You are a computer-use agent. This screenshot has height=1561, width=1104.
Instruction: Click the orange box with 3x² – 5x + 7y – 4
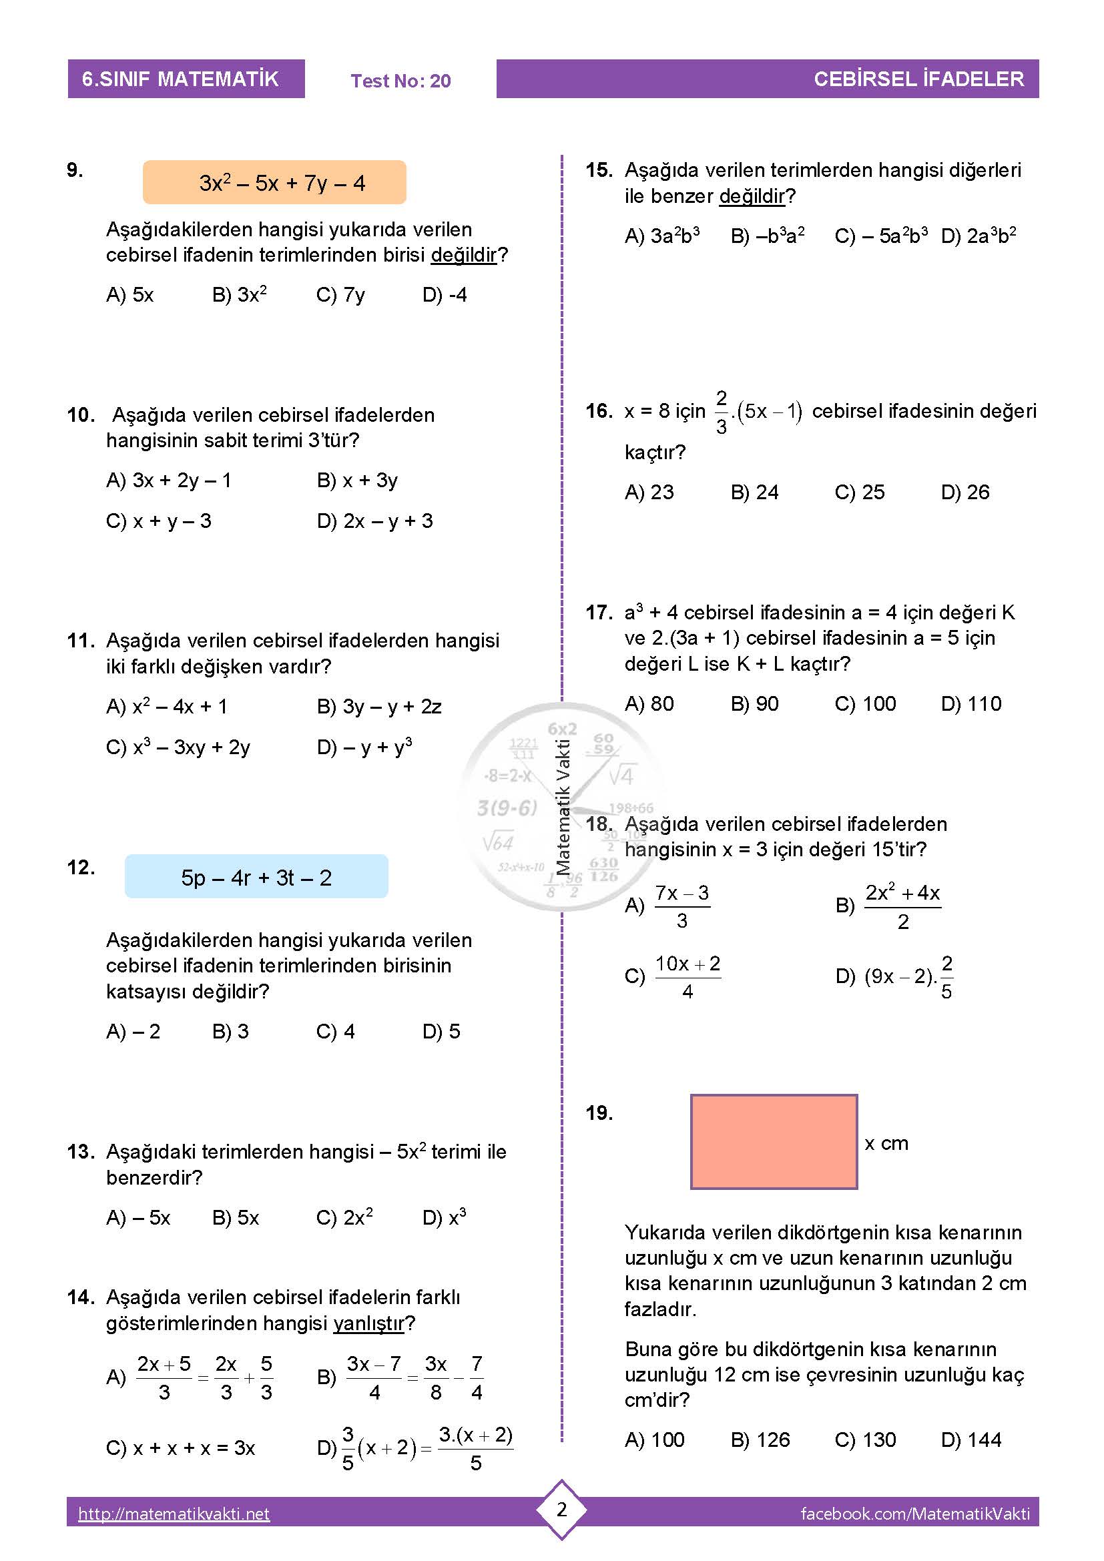(274, 182)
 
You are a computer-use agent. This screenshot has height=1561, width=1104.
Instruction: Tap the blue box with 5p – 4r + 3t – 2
(256, 877)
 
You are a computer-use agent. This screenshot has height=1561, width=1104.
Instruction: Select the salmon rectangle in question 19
(774, 1141)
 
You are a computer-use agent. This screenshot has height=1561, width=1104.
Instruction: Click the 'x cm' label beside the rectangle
(886, 1144)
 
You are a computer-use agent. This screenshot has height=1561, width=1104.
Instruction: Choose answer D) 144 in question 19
(971, 1440)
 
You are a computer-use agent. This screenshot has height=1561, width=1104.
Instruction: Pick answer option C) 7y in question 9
(340, 295)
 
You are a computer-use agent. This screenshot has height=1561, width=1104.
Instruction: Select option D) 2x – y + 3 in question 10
(374, 521)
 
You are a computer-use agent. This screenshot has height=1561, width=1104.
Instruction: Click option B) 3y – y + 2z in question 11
(378, 707)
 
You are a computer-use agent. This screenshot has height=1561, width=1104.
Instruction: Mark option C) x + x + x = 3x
(180, 1448)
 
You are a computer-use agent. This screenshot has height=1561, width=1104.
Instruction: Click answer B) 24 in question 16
(755, 493)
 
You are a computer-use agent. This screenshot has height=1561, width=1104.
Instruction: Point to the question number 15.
(599, 170)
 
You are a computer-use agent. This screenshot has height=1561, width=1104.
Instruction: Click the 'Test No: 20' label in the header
(400, 81)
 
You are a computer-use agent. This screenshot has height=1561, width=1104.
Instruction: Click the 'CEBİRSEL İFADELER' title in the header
(918, 79)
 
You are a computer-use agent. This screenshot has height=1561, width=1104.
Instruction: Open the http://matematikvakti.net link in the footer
(174, 1514)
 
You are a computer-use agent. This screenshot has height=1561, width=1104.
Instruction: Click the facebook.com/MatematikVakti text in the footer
(915, 1514)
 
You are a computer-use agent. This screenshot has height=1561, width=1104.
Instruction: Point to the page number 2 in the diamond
(561, 1510)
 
